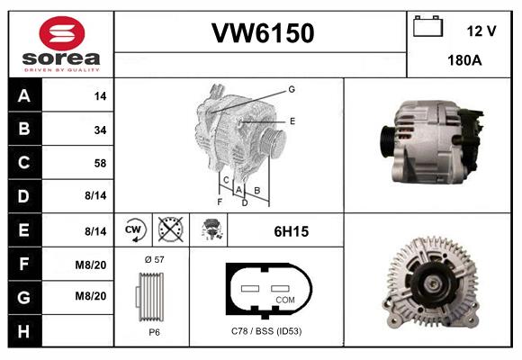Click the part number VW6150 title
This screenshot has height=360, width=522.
(262, 34)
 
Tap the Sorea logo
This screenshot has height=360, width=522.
(61, 44)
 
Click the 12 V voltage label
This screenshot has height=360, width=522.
(481, 31)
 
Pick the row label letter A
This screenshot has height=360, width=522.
(24, 95)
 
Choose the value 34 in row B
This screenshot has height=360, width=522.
(100, 130)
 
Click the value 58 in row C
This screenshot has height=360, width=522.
(100, 164)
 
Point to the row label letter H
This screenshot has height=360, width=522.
(24, 332)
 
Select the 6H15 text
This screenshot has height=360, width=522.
(291, 231)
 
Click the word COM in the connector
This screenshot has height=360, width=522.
(285, 299)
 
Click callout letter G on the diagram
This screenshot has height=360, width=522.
(292, 89)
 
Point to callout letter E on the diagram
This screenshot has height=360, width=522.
(292, 120)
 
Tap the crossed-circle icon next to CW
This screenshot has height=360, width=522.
(169, 230)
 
